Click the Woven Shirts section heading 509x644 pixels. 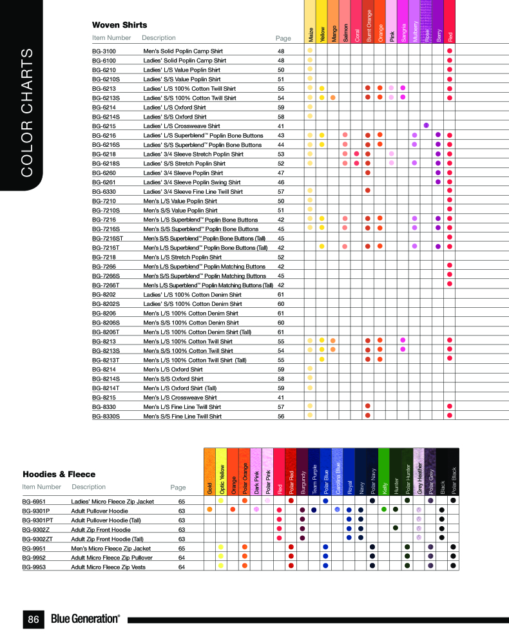(x=119, y=25)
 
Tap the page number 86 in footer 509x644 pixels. (x=34, y=620)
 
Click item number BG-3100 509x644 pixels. (x=104, y=50)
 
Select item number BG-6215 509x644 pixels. (x=104, y=126)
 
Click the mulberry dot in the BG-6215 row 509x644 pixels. (x=426, y=125)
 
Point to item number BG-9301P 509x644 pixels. (x=37, y=510)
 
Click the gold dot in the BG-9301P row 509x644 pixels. (x=209, y=509)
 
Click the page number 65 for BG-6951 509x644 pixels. (x=182, y=500)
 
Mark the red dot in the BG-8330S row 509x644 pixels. (x=449, y=415)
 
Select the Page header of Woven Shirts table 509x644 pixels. (x=283, y=38)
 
